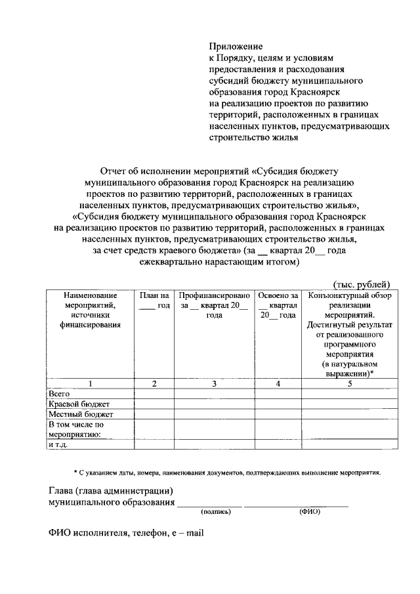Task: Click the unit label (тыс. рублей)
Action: pos(362,284)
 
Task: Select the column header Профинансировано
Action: pos(215,296)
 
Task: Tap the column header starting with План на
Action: pos(154,301)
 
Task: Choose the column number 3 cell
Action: pos(215,383)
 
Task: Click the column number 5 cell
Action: pos(350,383)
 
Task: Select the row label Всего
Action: pos(60,393)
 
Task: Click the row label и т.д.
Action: pos(58,444)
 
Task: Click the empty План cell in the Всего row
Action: pos(154,393)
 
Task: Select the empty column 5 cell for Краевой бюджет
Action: pos(350,404)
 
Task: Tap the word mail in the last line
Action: pos(194,534)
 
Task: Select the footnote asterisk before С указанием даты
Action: pos(75,471)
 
